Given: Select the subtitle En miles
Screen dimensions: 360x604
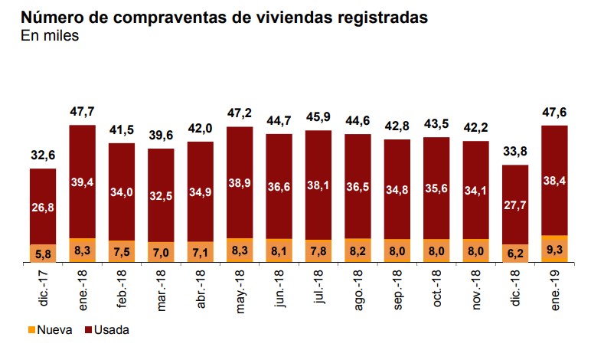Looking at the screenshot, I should click(50, 35).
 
